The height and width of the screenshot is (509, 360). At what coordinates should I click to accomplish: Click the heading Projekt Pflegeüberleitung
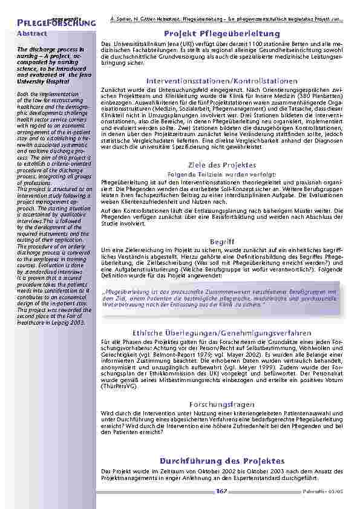coord(222,34)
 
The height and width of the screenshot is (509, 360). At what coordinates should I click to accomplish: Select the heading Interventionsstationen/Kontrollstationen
coord(222,80)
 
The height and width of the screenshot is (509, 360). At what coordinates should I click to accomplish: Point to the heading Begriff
coord(222,240)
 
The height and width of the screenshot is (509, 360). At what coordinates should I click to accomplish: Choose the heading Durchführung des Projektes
coord(222,461)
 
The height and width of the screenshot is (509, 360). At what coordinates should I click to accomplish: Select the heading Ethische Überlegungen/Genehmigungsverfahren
coord(222,332)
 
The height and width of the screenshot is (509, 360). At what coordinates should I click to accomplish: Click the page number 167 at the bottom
coord(221,491)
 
